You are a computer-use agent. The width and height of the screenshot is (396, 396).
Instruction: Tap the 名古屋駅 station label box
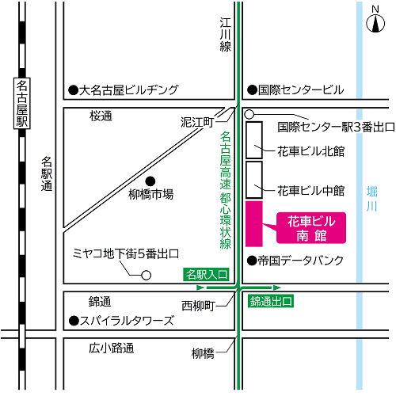[22, 104]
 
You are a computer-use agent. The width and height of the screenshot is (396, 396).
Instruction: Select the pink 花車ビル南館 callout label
[311, 227]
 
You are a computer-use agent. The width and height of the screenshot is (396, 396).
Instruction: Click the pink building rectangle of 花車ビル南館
[254, 224]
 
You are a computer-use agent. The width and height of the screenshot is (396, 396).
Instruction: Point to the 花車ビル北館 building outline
[254, 138]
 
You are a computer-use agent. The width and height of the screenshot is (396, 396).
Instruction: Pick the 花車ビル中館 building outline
[254, 179]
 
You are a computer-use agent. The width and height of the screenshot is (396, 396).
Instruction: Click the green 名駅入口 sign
[206, 275]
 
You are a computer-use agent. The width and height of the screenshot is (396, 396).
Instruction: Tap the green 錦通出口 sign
[271, 301]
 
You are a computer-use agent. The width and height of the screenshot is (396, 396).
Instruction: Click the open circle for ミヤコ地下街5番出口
[146, 275]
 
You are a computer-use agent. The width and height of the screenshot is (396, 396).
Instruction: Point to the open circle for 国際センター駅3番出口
[249, 114]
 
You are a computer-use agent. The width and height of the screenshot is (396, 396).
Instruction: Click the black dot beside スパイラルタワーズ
[72, 321]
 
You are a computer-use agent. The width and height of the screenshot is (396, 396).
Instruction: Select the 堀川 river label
[373, 199]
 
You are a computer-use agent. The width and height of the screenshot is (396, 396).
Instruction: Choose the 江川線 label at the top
[226, 36]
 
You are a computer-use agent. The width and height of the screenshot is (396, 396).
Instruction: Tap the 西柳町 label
[198, 305]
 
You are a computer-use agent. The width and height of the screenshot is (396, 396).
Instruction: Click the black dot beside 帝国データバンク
[252, 260]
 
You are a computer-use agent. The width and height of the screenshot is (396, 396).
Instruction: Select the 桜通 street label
[101, 116]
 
